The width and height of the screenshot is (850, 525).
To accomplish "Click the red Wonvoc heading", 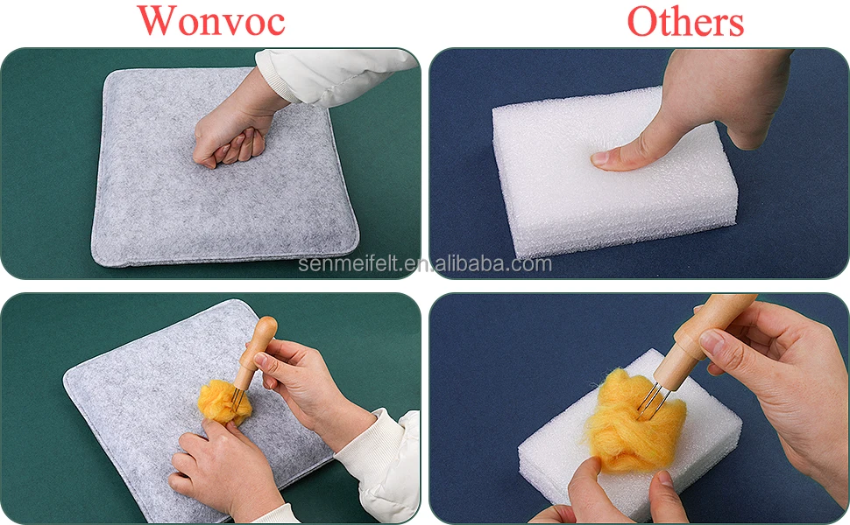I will tap(211, 21).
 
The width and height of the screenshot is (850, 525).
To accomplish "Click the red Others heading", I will tap(685, 22).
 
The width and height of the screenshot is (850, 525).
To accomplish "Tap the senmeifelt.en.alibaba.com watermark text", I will tap(425, 264).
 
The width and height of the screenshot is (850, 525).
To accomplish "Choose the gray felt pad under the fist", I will tap(175, 201).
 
